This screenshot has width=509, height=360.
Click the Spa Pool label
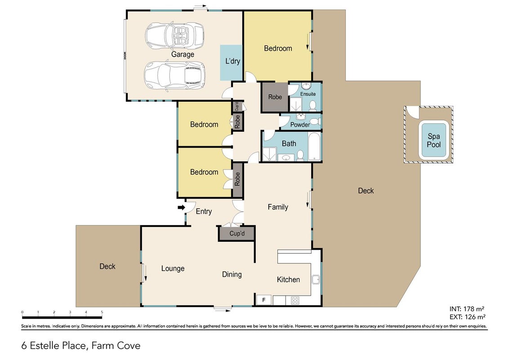pos(434,140)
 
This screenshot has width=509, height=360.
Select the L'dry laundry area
pos(232,63)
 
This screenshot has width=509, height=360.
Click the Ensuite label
pos(308,94)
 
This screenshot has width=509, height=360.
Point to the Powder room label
pos(300,125)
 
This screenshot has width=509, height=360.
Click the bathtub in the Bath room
pos(314,146)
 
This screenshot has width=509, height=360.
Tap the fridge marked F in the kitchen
pos(264,300)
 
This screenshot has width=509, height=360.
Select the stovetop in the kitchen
pos(295,300)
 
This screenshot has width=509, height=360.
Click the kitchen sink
pos(316,279)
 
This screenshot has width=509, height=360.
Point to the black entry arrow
pos(182,207)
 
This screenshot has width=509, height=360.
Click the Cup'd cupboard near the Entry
pos(237,234)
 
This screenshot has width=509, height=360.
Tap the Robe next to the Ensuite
pos(275,97)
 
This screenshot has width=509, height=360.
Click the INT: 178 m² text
pos(467,309)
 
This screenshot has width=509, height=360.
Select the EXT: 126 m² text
pos(468,317)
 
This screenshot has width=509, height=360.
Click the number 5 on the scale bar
pos(102,312)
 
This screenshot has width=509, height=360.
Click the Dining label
pos(232,274)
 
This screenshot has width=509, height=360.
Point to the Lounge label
pos(173,269)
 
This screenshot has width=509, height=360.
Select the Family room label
pos(278,207)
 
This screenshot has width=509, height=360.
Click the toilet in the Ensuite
pos(313,105)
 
